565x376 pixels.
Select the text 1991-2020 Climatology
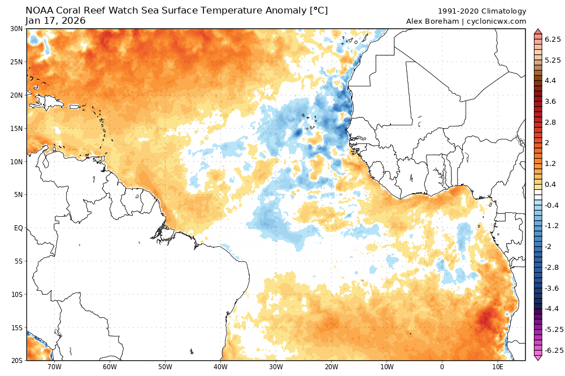click(482, 11)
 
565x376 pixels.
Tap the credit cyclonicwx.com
click(497, 21)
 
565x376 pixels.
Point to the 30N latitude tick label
click(16, 29)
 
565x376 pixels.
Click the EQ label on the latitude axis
click(18, 228)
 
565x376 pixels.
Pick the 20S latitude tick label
click(16, 360)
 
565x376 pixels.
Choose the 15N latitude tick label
click(16, 128)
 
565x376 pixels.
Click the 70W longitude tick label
click(54, 367)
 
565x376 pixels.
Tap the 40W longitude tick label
click(220, 367)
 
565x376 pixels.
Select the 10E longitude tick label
click(497, 367)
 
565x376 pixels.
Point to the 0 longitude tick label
click(442, 367)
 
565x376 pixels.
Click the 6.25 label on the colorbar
click(552, 39)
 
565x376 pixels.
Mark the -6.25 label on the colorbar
click(554, 351)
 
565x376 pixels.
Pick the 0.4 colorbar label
click(550, 185)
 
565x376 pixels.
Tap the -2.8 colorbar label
click(552, 268)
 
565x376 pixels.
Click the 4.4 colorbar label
click(550, 81)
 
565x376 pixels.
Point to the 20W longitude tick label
click(331, 367)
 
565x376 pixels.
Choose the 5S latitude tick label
click(18, 261)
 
